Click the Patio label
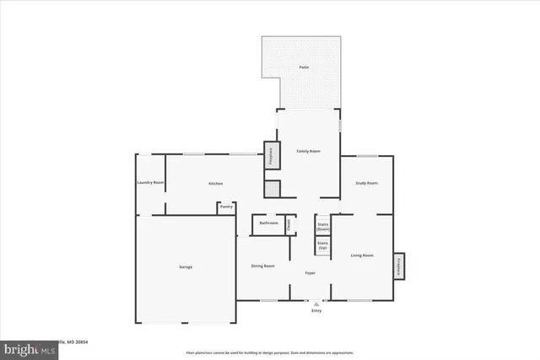tap(303, 67)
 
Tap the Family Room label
tap(308, 151)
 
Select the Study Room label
tap(365, 183)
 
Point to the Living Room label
tap(362, 255)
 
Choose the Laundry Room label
tap(150, 183)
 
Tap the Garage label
tap(185, 267)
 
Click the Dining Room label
tap(263, 266)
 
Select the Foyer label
tap(310, 272)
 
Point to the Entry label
tap(316, 311)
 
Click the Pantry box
tap(226, 207)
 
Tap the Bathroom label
tap(268, 223)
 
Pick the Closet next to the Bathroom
tap(289, 223)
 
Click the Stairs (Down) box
tap(322, 227)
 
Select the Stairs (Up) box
tap(322, 246)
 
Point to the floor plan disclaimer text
tap(270, 352)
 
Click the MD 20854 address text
tap(76, 341)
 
